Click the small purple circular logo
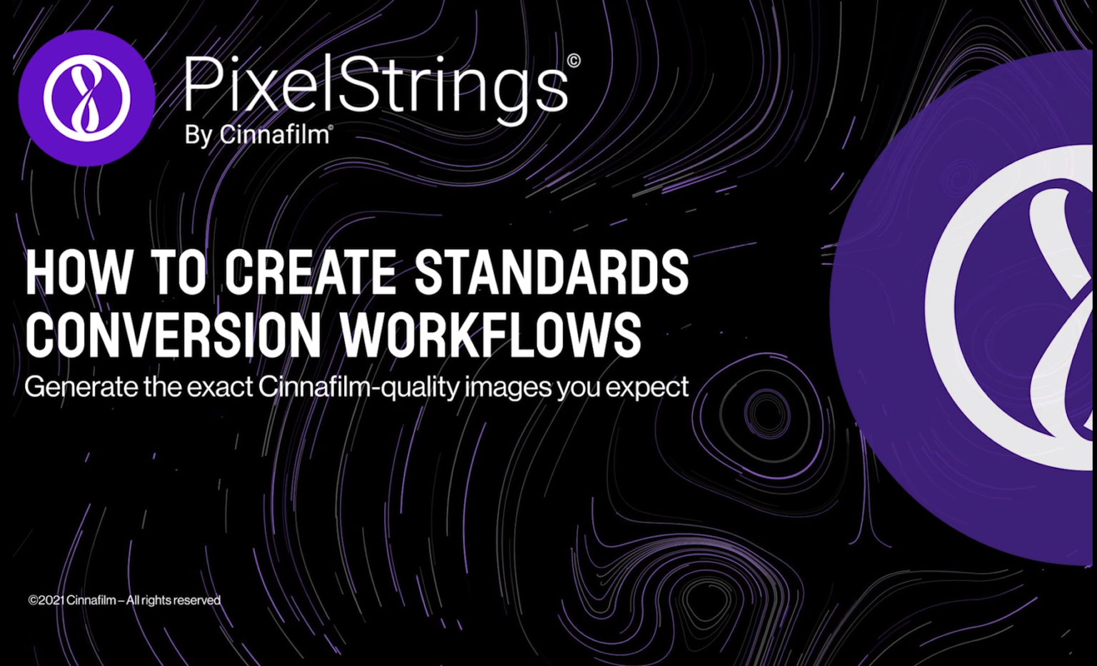point(86,98)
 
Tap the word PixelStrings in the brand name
point(376,86)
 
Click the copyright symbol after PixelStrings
point(573,61)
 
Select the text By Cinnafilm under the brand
point(257,134)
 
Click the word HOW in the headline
point(79,272)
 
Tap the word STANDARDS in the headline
point(551,272)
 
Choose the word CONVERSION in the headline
point(174,334)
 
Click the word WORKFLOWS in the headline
point(491,334)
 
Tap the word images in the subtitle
point(508,388)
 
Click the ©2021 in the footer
point(46,600)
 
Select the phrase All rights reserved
point(174,600)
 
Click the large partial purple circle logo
point(971,307)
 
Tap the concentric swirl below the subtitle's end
point(767,413)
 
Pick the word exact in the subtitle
point(220,387)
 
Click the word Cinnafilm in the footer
point(91,600)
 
